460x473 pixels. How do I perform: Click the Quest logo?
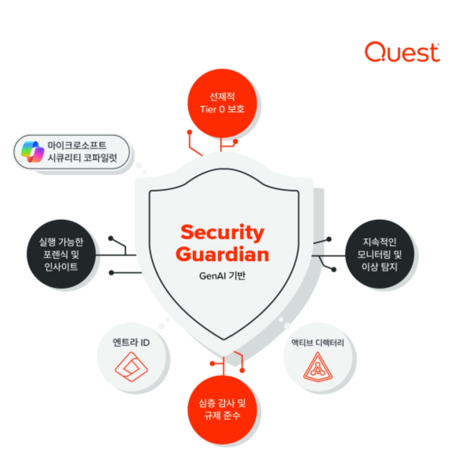(x=402, y=52)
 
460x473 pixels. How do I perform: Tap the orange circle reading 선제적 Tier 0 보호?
(x=222, y=103)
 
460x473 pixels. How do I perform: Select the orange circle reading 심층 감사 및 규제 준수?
(x=222, y=410)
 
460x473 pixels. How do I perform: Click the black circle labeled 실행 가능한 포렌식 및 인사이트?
(x=61, y=254)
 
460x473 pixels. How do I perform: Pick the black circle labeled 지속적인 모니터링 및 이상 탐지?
(x=380, y=254)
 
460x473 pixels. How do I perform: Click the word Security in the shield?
(x=222, y=233)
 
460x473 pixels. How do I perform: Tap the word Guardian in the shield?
(x=222, y=254)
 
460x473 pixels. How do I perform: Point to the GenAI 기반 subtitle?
(x=222, y=276)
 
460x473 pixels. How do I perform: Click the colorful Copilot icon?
(x=33, y=152)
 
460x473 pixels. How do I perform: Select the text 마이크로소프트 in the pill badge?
(x=77, y=146)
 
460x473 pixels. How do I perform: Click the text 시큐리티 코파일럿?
(x=82, y=158)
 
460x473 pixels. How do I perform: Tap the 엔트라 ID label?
(x=131, y=342)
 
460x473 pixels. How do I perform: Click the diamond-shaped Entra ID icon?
(x=131, y=367)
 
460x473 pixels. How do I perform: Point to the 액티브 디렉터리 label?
(x=318, y=343)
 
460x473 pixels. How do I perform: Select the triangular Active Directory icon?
(x=318, y=367)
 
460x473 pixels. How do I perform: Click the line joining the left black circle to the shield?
(x=116, y=255)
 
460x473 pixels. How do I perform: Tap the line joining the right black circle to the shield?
(x=328, y=256)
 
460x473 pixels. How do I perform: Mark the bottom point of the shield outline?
(x=224, y=339)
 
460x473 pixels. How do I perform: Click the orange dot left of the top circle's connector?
(x=189, y=132)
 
